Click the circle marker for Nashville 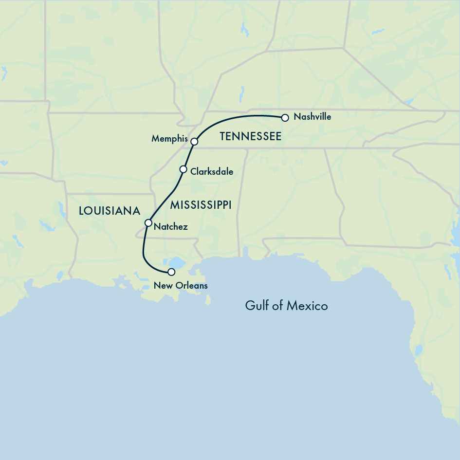point(285,117)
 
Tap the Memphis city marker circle point(194,142)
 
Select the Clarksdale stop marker point(184,169)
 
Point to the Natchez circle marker point(148,223)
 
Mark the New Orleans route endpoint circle point(171,272)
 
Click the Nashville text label point(313,117)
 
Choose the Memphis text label point(169,139)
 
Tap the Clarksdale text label point(212,172)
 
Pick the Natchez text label point(170,227)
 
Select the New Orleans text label point(181,286)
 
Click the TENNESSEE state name point(250,137)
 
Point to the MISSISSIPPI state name point(200,205)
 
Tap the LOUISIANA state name point(110,211)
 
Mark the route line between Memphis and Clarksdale point(189,155)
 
